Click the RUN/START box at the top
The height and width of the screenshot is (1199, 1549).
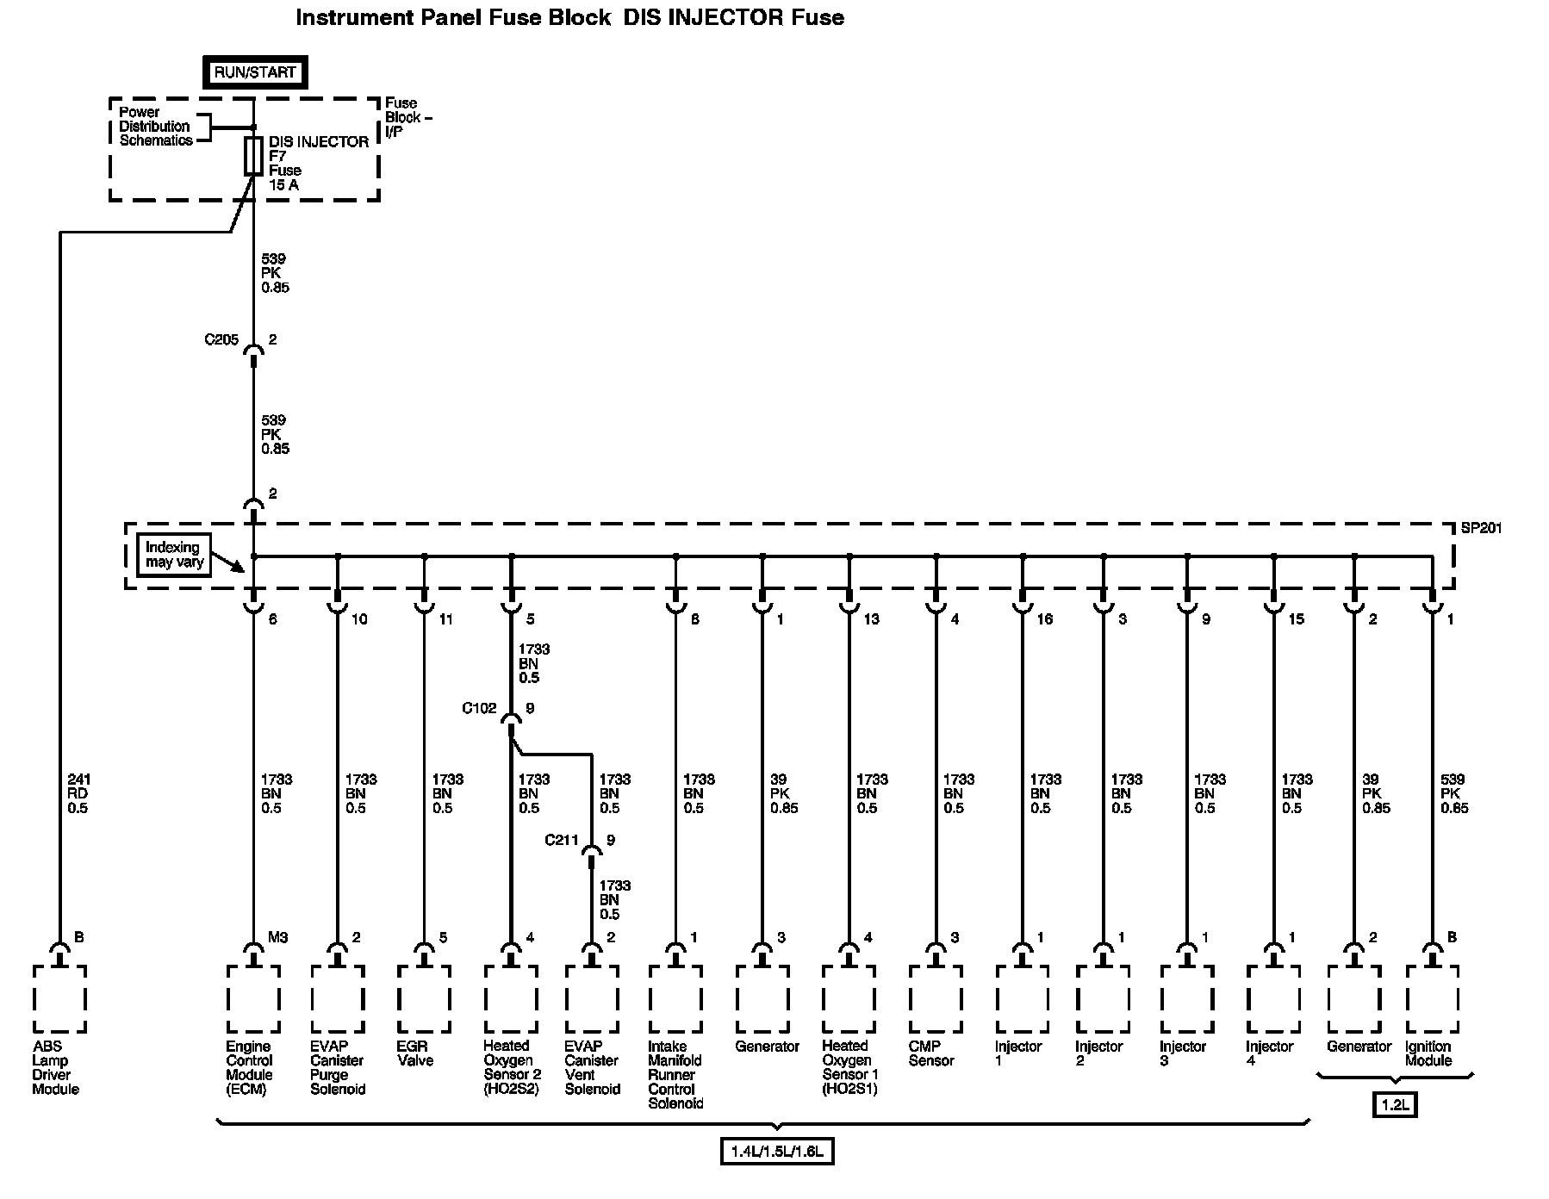[x=254, y=72]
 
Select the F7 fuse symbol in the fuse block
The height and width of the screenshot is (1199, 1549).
[x=253, y=156]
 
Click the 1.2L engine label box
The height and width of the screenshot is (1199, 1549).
[x=1395, y=1104]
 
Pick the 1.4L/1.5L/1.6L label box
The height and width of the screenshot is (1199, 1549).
[x=777, y=1151]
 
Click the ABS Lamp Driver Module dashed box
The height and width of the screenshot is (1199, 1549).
[x=59, y=998]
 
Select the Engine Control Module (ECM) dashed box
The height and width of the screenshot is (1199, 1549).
[x=253, y=998]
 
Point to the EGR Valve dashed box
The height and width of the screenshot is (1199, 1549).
[x=423, y=998]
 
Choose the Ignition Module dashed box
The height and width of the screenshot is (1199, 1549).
[x=1432, y=998]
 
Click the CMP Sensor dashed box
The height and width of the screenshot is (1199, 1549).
[x=935, y=998]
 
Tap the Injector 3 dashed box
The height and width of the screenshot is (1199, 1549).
[x=1186, y=998]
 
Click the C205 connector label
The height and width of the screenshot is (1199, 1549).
[x=221, y=339]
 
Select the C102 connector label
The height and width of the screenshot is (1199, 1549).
[x=479, y=708]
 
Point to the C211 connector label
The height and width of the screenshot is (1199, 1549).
[x=561, y=840]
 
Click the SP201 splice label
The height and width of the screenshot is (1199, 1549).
[x=1481, y=528]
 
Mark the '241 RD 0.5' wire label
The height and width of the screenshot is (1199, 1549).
[x=78, y=793]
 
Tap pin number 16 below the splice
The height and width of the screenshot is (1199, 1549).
[x=1044, y=618]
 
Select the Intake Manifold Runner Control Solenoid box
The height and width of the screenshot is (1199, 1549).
[x=675, y=998]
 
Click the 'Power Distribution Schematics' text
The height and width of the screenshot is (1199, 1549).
[x=155, y=127]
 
